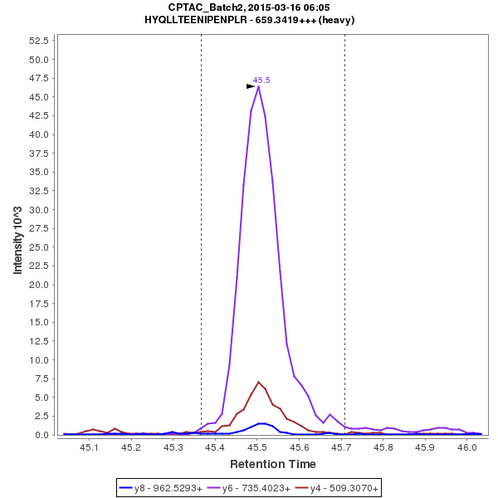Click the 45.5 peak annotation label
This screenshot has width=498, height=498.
261,81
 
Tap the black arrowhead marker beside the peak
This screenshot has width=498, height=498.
251,86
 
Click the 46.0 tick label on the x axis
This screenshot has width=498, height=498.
466,447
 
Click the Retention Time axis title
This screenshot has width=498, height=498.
272,463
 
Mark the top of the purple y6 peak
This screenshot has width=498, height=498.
259,86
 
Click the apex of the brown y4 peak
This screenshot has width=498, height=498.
259,382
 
